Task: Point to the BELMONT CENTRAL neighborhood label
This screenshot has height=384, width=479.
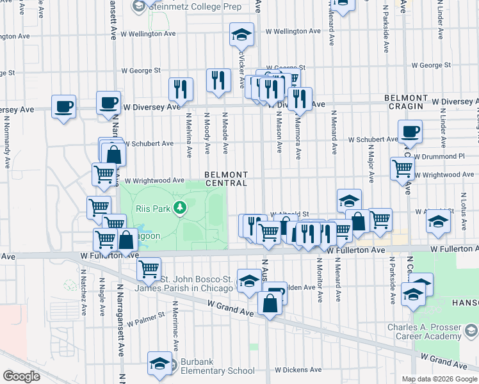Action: click(x=226, y=179)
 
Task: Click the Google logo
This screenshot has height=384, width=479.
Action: click(x=21, y=376)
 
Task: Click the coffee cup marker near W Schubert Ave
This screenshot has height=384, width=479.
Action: click(x=410, y=132)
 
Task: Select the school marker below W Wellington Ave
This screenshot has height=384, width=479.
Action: click(x=241, y=35)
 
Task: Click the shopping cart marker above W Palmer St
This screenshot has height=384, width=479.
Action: click(x=149, y=268)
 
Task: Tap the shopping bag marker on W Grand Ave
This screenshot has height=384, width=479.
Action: click(x=270, y=303)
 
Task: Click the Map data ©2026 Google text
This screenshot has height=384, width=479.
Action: click(x=439, y=379)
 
